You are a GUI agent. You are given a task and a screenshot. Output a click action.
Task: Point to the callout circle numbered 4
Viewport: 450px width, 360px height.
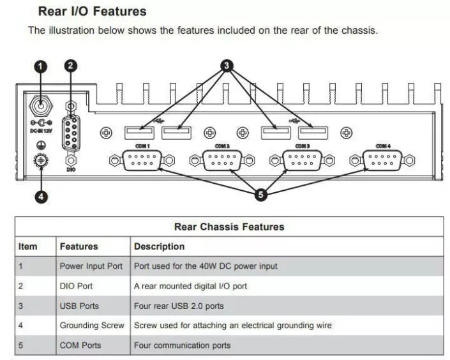coord(41,197)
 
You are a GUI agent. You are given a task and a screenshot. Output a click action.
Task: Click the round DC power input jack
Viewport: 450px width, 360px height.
coord(41,104)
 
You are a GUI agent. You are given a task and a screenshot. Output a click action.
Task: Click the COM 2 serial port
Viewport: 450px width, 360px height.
coord(221,160)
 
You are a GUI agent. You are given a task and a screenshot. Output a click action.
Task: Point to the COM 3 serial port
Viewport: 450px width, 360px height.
coord(302,160)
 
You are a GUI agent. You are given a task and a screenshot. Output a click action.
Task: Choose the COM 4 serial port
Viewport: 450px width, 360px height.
coord(382,160)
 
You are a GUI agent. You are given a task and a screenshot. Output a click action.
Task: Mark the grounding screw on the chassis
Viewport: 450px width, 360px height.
coord(41,160)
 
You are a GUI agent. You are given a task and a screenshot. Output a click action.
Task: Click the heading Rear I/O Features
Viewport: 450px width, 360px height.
coord(92,11)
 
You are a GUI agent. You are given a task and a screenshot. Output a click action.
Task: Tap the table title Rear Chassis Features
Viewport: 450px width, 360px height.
coord(229,227)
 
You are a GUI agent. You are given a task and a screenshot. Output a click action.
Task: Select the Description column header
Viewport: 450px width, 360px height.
coord(159,246)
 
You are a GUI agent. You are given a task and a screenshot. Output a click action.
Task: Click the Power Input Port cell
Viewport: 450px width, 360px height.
coord(91,266)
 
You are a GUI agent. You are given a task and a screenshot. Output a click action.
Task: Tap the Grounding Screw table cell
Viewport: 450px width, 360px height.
coord(92,326)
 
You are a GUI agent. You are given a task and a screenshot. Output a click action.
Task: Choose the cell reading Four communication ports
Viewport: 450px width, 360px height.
coord(182,345)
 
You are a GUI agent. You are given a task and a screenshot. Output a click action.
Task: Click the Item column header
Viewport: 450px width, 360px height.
coord(28,246)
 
